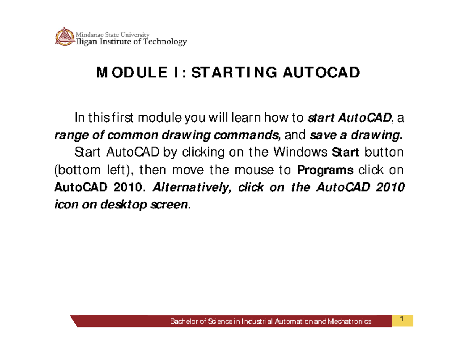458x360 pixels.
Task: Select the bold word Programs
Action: [325, 170]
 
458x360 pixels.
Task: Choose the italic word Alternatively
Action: [190, 187]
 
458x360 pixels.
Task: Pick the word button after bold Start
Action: [384, 153]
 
